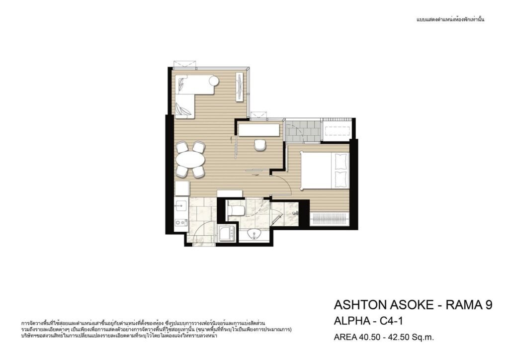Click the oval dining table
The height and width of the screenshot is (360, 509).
[x=190, y=160]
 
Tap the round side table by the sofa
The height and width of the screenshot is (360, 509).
[x=214, y=80]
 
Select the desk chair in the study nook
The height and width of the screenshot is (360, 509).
[x=260, y=145]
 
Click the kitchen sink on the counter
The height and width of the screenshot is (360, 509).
[x=180, y=205]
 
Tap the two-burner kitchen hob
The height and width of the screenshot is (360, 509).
[x=180, y=223]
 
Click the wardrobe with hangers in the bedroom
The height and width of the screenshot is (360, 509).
[x=330, y=218]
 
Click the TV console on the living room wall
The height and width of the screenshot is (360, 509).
[x=240, y=87]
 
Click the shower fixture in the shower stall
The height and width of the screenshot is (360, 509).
[x=295, y=213]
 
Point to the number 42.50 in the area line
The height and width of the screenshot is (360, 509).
[x=398, y=337]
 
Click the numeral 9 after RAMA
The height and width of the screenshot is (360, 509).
[x=488, y=305]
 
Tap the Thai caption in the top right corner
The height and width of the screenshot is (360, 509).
[x=450, y=20]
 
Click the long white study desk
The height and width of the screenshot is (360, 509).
[x=258, y=130]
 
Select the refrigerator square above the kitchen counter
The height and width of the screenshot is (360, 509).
[x=182, y=188]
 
